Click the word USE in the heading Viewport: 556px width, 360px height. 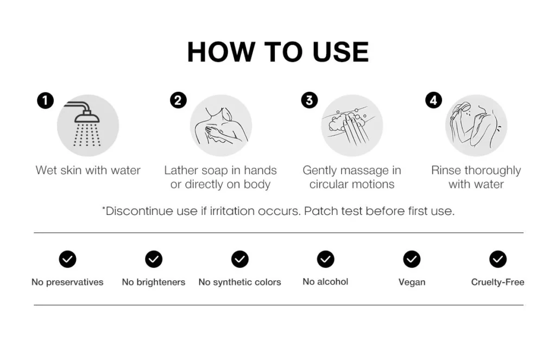coord(341,52)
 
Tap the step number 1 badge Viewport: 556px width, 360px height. coord(46,100)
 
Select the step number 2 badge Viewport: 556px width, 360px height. coord(178,100)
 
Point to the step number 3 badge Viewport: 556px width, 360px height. coord(309,100)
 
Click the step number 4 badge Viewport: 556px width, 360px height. coord(433,100)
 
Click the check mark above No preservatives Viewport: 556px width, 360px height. coord(67,259)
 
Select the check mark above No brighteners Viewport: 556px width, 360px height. coord(154,259)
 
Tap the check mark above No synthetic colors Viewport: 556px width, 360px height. coord(239,259)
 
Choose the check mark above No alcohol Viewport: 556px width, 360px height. coord(326,259)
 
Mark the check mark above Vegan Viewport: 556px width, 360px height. coord(412,259)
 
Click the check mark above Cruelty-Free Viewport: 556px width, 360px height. coord(498,259)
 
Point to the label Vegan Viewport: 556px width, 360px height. coord(412,282)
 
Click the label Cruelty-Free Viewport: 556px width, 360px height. coord(497,282)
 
